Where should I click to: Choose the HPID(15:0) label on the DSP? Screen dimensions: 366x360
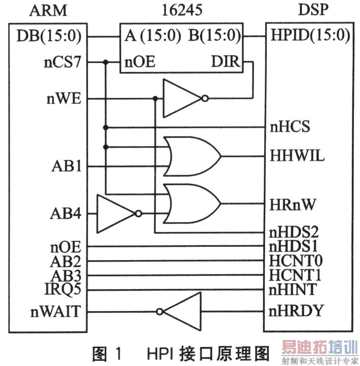310,37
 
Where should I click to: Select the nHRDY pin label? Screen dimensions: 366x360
296,311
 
